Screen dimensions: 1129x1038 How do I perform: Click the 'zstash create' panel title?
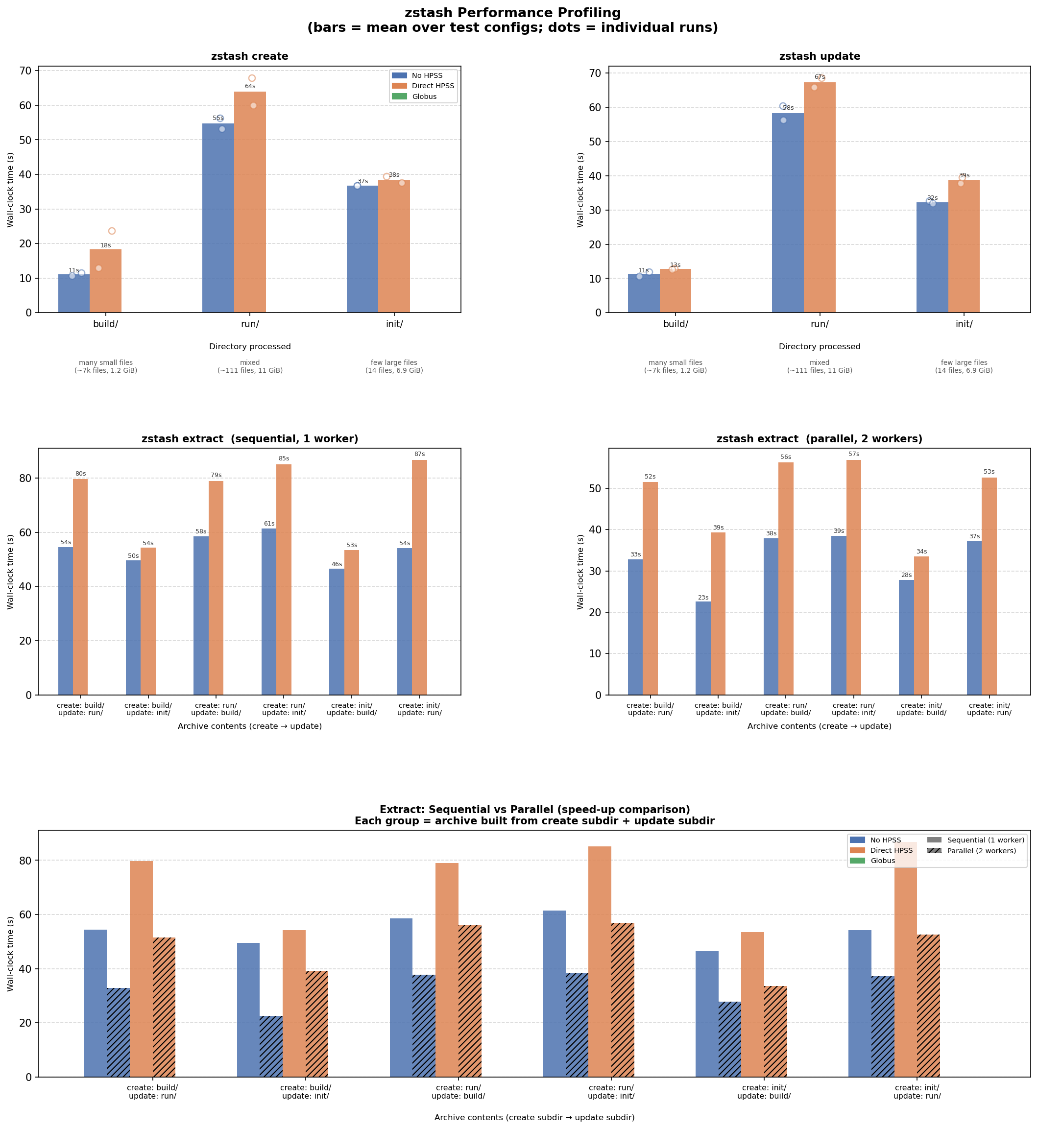point(249,57)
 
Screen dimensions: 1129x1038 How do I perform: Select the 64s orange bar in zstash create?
point(249,202)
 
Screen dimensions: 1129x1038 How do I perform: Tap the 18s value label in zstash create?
point(106,245)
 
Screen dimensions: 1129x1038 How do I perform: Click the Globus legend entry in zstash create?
point(424,96)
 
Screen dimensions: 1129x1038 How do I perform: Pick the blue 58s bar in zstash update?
point(788,214)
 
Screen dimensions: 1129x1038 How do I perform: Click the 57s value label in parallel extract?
point(854,455)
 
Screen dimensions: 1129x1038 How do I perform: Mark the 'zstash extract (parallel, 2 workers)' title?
point(819,439)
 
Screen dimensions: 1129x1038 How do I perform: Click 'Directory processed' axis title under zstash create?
point(249,347)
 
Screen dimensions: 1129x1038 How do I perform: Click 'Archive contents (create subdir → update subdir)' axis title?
point(534,1118)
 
